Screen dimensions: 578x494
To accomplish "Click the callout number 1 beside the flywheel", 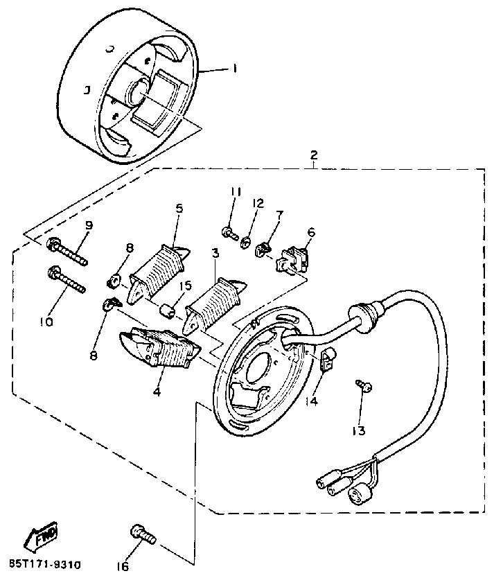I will tap(235, 69).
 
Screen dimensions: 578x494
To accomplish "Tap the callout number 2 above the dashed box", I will tap(313, 155).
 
